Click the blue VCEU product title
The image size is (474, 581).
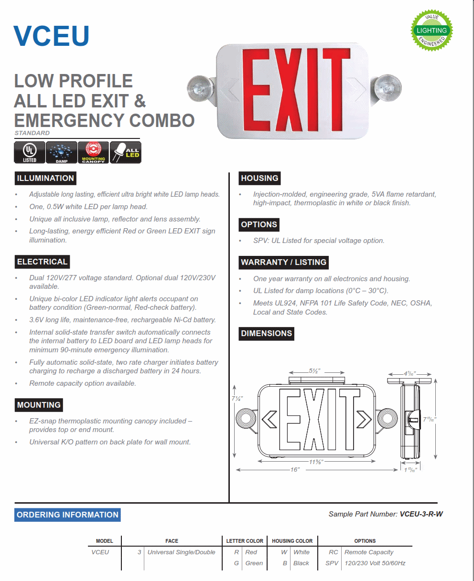(52, 35)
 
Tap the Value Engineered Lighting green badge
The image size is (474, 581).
(431, 31)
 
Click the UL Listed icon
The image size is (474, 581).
(30, 152)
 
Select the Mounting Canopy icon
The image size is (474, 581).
(93, 152)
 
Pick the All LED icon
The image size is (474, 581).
(126, 152)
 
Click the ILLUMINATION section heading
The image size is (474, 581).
(45, 179)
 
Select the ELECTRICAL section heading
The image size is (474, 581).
(42, 262)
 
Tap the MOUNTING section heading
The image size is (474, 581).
(39, 405)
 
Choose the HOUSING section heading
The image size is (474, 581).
(259, 179)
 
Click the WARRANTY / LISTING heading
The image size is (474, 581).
(283, 263)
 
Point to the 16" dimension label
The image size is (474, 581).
(295, 470)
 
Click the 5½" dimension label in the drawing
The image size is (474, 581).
(314, 371)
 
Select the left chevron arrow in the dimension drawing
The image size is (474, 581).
(269, 419)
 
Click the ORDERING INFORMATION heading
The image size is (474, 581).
(67, 515)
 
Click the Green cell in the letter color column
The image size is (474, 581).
(254, 563)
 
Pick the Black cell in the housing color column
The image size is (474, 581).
(301, 563)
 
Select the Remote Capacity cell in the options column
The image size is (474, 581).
(369, 552)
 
